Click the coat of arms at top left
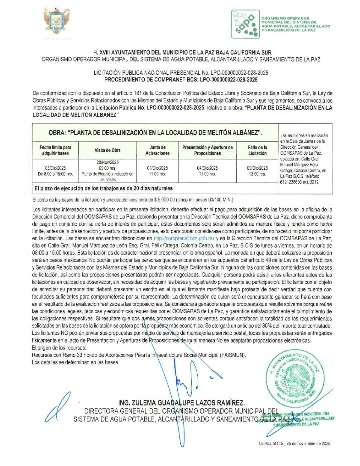(x=57, y=22)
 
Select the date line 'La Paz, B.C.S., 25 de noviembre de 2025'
(x=295, y=444)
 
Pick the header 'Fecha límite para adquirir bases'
(x=55, y=150)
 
